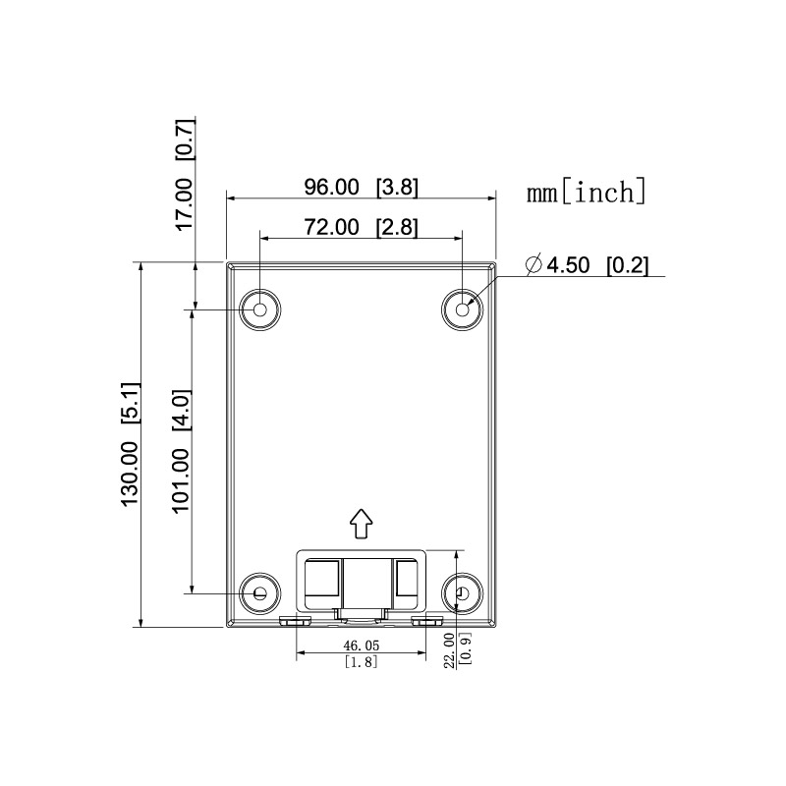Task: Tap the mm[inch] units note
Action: tap(587, 191)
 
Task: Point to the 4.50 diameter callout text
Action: tap(571, 265)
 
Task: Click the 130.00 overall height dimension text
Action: tap(129, 473)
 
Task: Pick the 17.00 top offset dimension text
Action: tap(185, 203)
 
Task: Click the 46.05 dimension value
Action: tap(361, 646)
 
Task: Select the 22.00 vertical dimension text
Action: tap(450, 649)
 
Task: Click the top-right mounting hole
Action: tap(462, 309)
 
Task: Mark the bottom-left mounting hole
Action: tap(260, 593)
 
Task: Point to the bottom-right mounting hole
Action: tap(462, 593)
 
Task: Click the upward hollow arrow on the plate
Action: tap(362, 524)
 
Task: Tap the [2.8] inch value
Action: tap(397, 227)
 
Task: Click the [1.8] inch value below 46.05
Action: tap(361, 661)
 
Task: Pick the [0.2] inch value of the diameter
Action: tap(628, 265)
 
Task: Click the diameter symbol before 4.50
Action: tap(534, 265)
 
